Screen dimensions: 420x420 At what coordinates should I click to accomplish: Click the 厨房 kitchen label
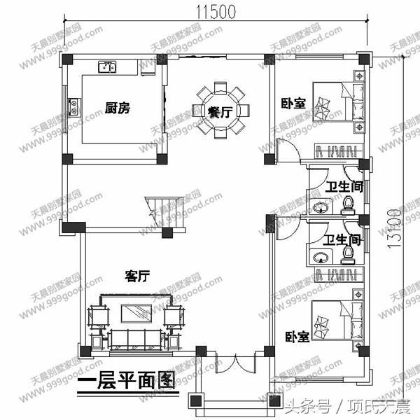tap(118, 108)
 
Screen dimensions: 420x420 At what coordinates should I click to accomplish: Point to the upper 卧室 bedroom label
tap(293, 103)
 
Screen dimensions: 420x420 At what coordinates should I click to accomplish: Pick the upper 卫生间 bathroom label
tap(344, 186)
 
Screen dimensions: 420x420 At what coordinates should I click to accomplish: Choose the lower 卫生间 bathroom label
tap(343, 240)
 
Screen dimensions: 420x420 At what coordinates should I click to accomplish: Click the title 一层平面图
tap(125, 381)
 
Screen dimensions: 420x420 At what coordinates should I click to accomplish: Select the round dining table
tap(220, 110)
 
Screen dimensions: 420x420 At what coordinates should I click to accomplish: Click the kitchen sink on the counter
tap(108, 67)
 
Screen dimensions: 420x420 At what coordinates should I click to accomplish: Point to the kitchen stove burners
tap(73, 107)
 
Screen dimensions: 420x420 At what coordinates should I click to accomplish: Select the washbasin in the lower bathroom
tap(321, 256)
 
